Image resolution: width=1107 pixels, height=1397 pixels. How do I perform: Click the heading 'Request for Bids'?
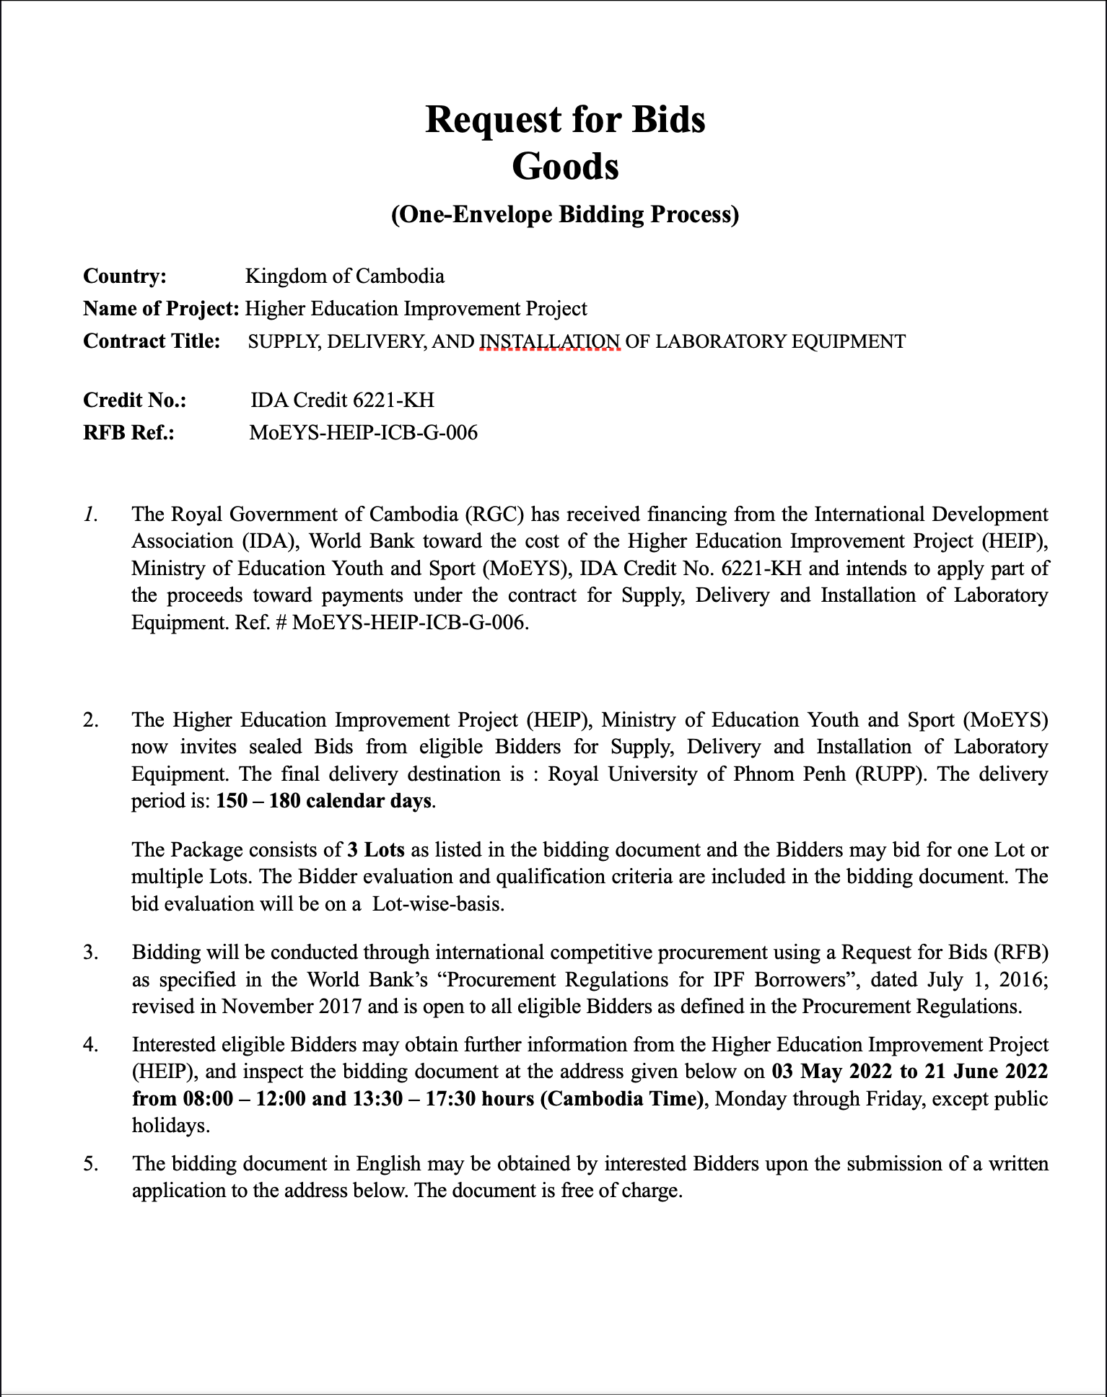[565, 120]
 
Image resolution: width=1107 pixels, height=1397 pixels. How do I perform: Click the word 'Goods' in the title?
[565, 167]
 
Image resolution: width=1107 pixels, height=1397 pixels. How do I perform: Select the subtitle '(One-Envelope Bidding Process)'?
[565, 215]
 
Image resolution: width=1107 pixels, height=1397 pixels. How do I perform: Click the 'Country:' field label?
[125, 276]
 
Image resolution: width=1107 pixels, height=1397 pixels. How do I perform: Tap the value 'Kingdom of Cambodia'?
[345, 276]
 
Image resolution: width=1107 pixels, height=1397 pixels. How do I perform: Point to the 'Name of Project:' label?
[161, 309]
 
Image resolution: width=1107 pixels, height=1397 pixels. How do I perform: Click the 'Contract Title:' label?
[152, 341]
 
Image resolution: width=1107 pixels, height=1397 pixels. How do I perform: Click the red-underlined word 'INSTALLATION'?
[550, 341]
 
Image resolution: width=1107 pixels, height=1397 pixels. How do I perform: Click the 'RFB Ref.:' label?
[129, 432]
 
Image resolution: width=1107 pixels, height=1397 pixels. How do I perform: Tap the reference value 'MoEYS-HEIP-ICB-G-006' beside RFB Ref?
[363, 432]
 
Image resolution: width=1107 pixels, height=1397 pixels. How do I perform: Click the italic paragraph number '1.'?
[90, 514]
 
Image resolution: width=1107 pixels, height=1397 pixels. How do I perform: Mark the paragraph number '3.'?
[90, 952]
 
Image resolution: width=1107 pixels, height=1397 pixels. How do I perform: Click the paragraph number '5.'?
[90, 1164]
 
